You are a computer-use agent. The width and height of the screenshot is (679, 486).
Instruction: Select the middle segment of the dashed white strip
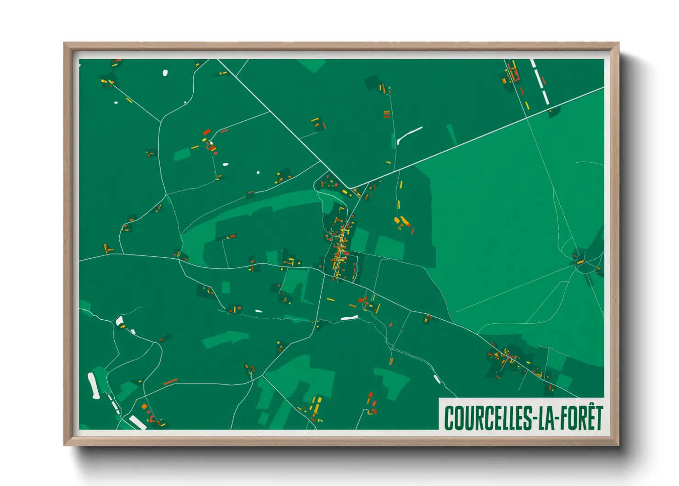(x=540, y=81)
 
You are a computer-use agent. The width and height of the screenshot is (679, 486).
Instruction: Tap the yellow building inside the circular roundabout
(x=580, y=262)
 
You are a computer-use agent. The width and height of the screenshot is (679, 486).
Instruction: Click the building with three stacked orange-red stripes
(x=387, y=114)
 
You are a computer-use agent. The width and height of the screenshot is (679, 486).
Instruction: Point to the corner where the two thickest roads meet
(x=351, y=188)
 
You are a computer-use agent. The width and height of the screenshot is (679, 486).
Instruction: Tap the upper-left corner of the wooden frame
(x=65, y=44)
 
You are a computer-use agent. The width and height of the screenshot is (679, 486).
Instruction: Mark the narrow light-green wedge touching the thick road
(x=451, y=134)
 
